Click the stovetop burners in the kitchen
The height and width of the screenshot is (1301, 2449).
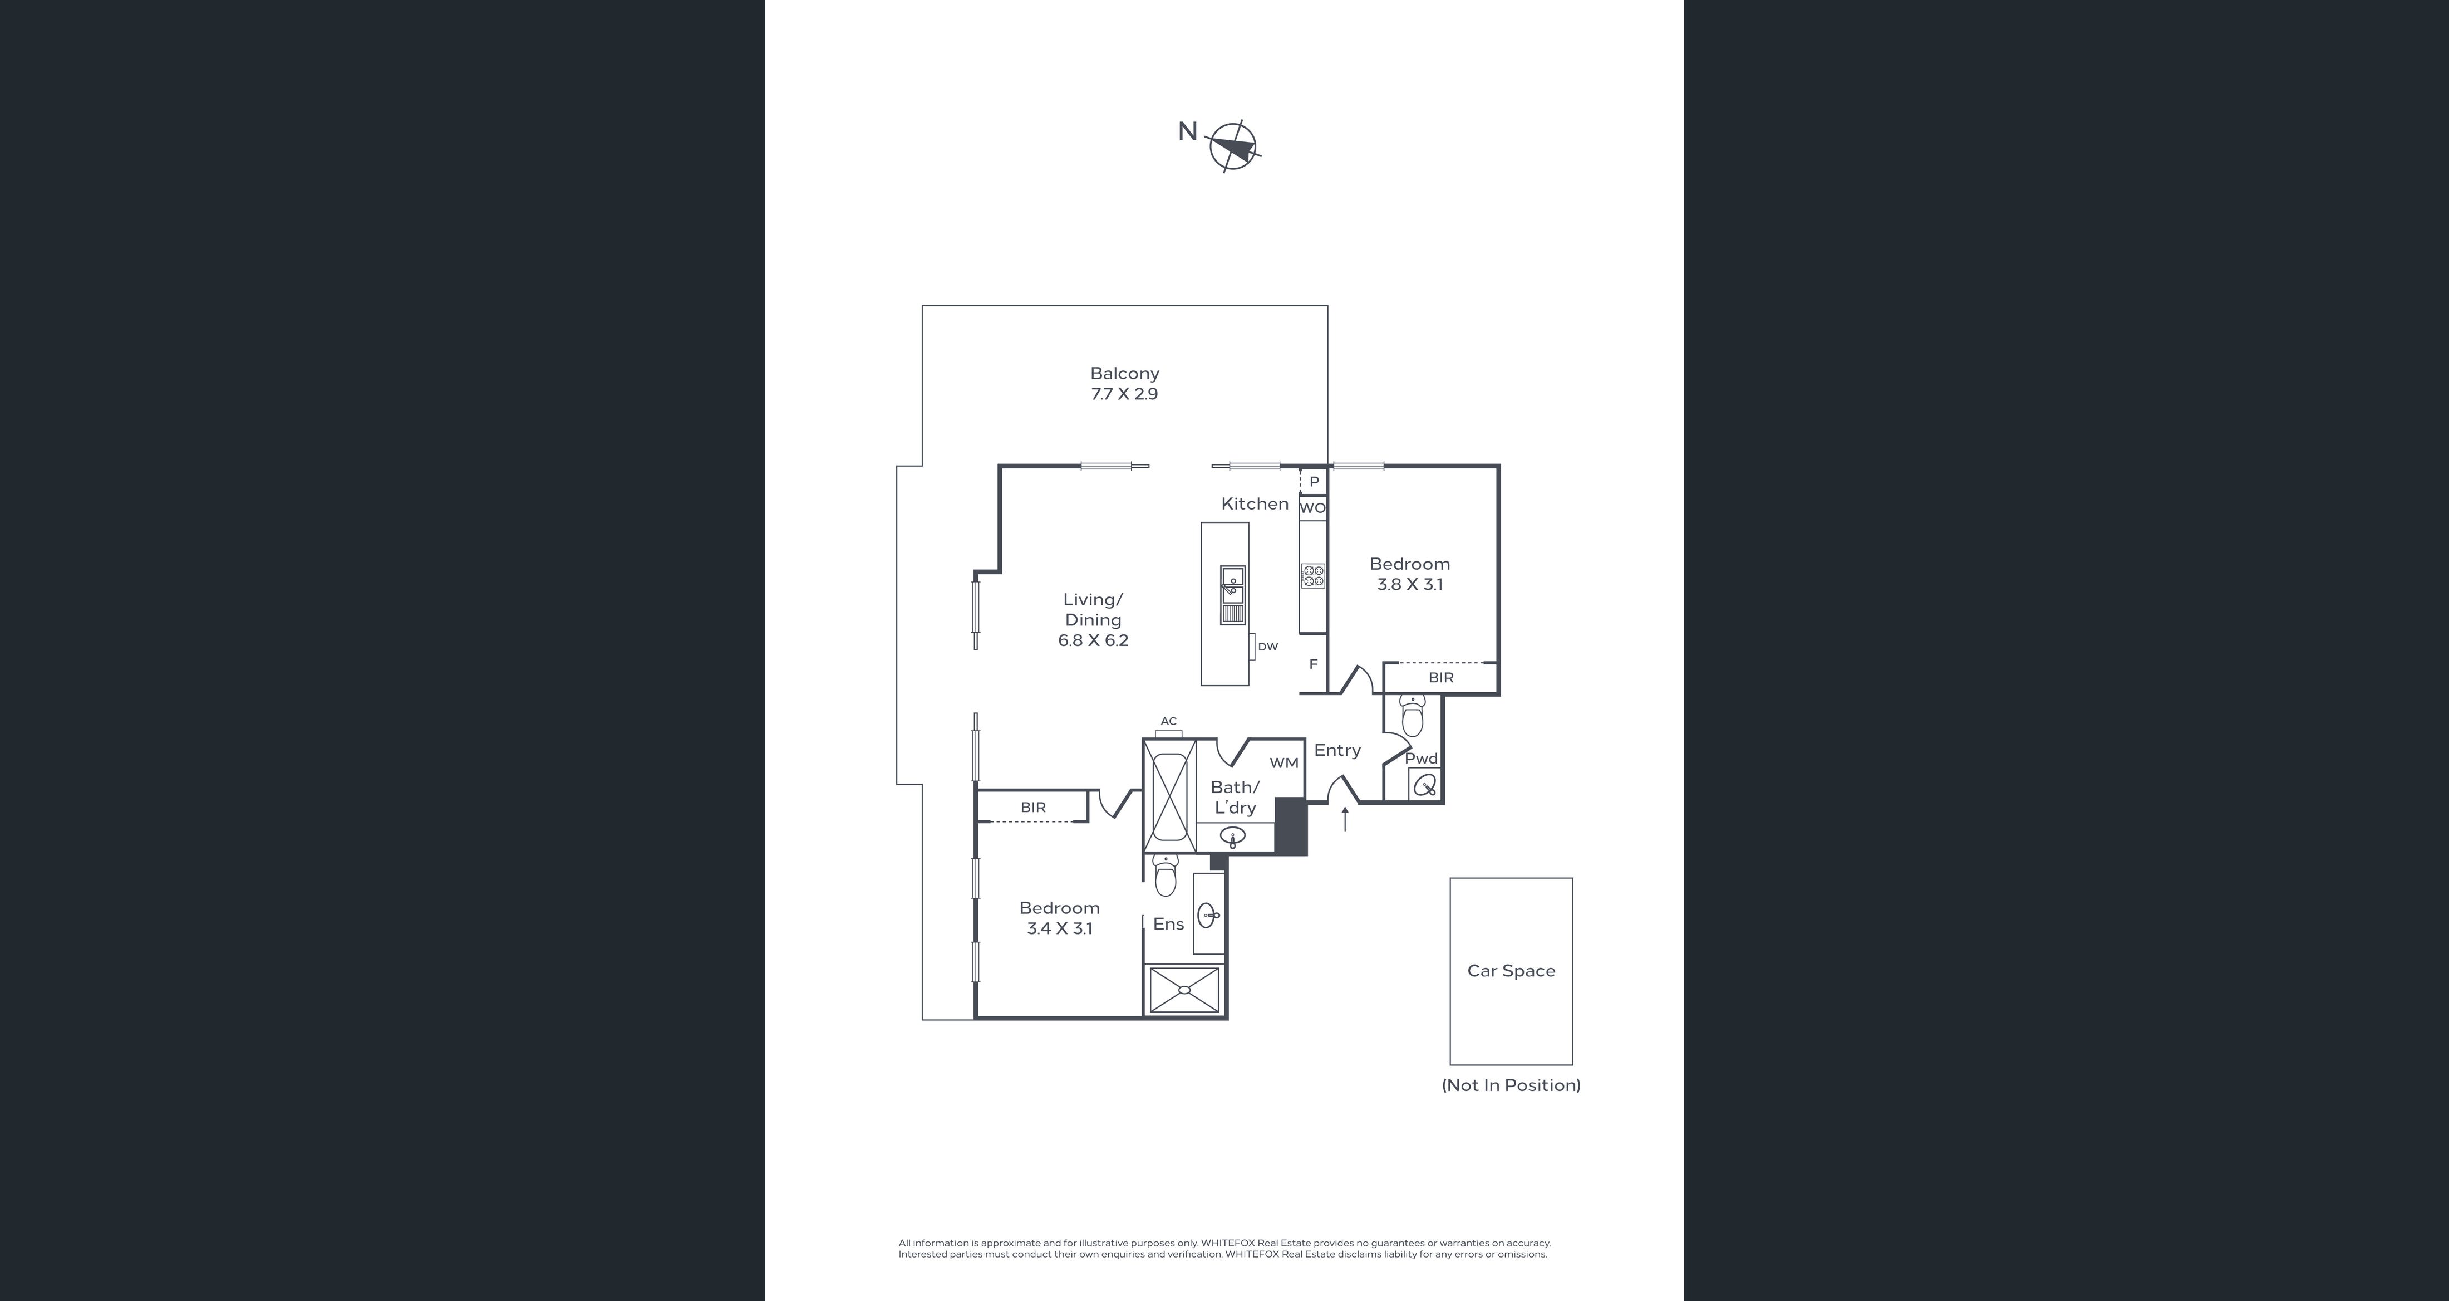pyautogui.click(x=1313, y=575)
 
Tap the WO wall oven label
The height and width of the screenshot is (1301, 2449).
pyautogui.click(x=1313, y=508)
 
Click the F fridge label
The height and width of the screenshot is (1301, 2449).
pyautogui.click(x=1314, y=664)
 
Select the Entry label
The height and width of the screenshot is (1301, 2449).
pyautogui.click(x=1337, y=750)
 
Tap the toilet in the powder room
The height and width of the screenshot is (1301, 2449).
pyautogui.click(x=1413, y=715)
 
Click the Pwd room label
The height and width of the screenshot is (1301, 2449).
pyautogui.click(x=1422, y=759)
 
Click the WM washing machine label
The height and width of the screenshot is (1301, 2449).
pyautogui.click(x=1285, y=762)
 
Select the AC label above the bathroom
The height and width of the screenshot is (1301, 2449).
pyautogui.click(x=1168, y=721)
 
